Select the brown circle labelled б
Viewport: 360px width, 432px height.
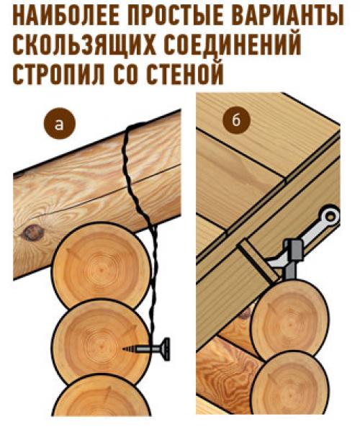[x=235, y=120]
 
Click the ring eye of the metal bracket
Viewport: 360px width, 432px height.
[x=329, y=215]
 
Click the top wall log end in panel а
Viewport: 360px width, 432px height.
[x=101, y=263]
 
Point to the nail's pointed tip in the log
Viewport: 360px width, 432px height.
[x=126, y=347]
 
